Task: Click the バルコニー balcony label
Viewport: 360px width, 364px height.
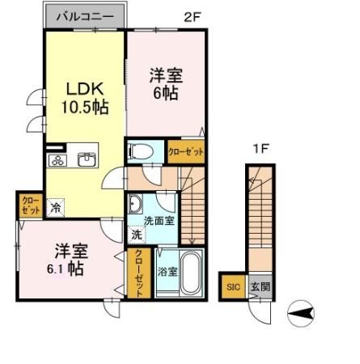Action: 85,17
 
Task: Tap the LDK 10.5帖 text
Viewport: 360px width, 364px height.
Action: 85,98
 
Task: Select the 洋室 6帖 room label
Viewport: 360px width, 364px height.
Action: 166,84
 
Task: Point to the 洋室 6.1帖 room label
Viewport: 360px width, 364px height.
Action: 68,260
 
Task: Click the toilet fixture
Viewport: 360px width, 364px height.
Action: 142,151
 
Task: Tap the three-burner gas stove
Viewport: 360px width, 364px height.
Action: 58,160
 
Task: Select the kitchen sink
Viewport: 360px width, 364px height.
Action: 87,159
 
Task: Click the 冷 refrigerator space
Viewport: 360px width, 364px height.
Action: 56,208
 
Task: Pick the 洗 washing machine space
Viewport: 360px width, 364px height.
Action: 137,235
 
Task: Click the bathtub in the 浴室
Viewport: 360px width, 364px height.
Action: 192,273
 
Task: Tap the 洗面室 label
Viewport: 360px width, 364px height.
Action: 159,221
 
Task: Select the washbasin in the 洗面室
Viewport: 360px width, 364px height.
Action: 135,204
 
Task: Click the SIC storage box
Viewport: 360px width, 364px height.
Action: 233,286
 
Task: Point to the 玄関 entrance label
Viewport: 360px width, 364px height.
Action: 260,286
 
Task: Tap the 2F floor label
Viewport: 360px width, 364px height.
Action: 193,17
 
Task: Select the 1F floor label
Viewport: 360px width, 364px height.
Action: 261,149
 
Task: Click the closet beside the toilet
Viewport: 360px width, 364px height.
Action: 186,151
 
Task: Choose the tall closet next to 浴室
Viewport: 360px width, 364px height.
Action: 139,273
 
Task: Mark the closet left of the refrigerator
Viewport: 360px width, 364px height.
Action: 31,205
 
